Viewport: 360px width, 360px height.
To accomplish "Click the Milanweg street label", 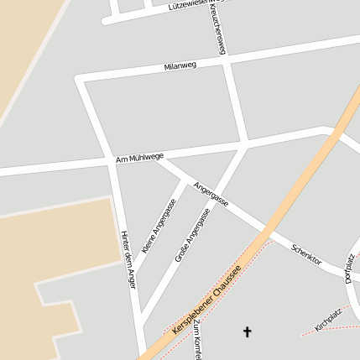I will point(180,65).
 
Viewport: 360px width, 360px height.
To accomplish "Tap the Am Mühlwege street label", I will point(140,158).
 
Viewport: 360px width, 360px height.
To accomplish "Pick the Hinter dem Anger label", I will point(128,259).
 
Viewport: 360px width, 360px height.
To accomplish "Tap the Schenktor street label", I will point(306,254).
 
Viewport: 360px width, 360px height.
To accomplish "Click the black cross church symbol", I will point(247,332).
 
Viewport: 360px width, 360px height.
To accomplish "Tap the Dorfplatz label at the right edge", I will point(351,267).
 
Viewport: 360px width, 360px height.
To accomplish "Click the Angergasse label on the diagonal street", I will point(211,195).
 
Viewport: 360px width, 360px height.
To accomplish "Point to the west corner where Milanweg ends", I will point(80,79).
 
